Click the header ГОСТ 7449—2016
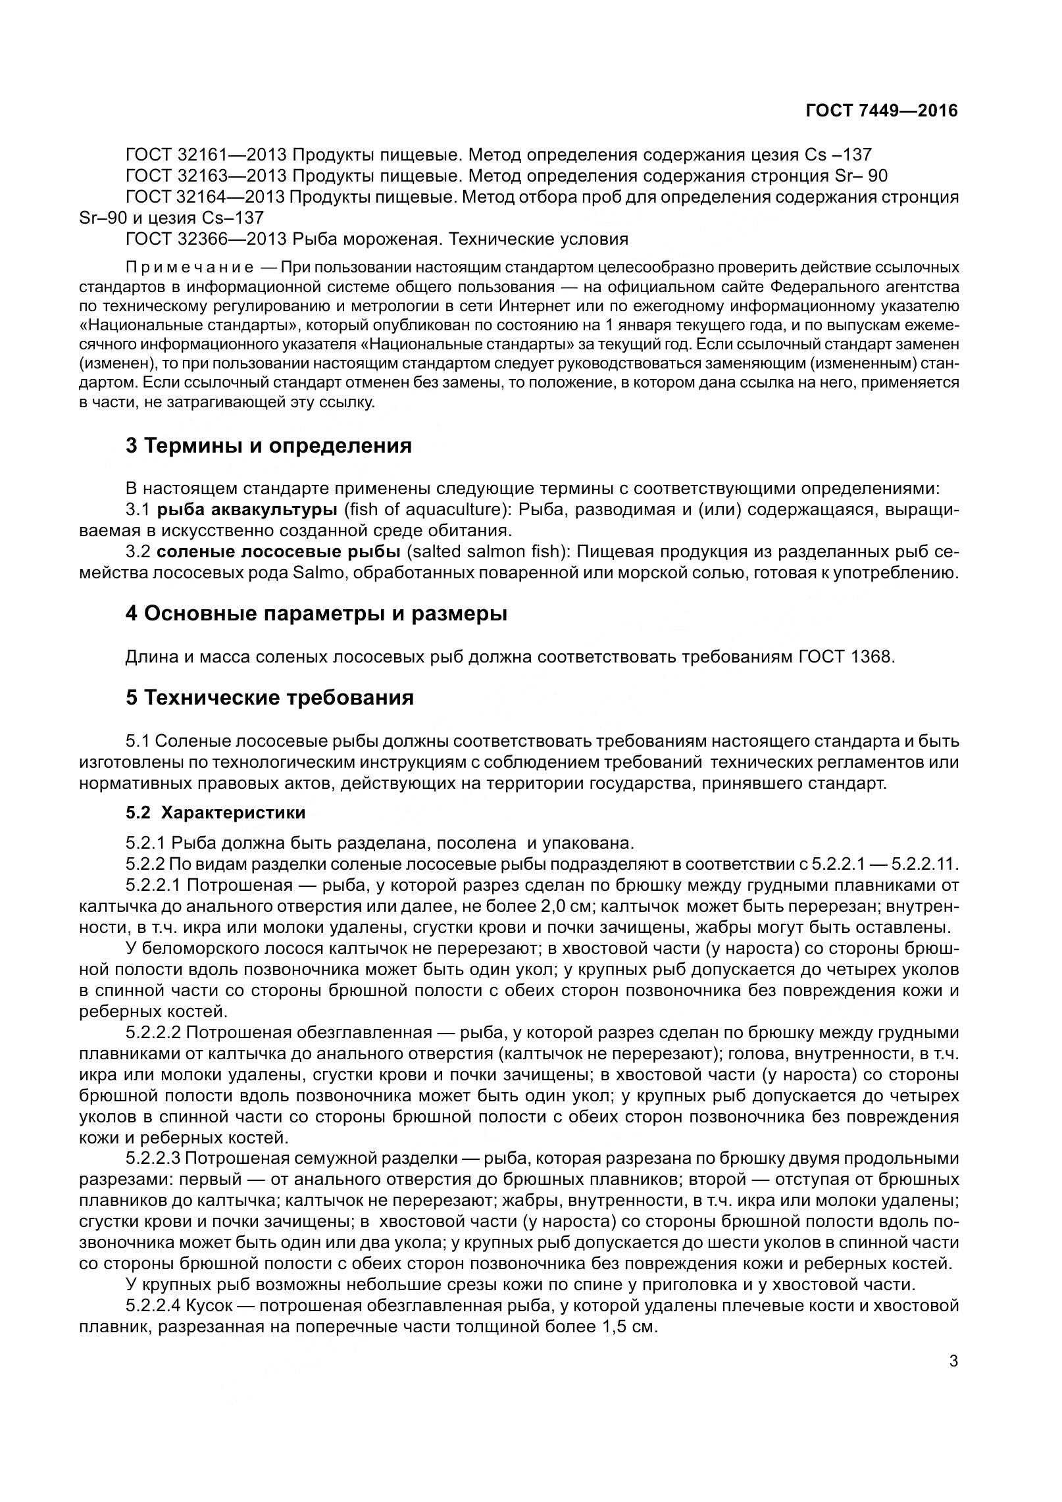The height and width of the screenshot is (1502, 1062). [881, 111]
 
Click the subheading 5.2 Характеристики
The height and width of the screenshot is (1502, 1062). [215, 813]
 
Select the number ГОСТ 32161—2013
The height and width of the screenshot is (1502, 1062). [205, 155]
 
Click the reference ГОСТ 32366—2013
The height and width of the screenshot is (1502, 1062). [205, 239]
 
